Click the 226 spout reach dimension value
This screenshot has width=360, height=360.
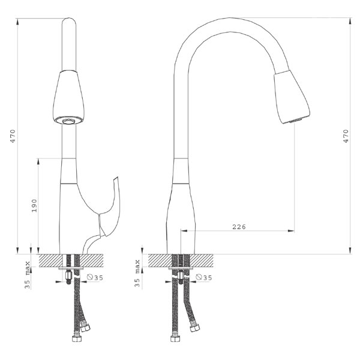239,227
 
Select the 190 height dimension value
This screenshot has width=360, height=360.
34,206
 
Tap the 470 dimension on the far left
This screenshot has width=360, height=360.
13,136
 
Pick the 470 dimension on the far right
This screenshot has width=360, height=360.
346,136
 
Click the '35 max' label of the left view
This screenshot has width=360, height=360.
28,275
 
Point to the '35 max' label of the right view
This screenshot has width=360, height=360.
137,273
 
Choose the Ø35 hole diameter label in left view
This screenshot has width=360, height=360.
95,278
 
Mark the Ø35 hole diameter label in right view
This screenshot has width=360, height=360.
204,277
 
